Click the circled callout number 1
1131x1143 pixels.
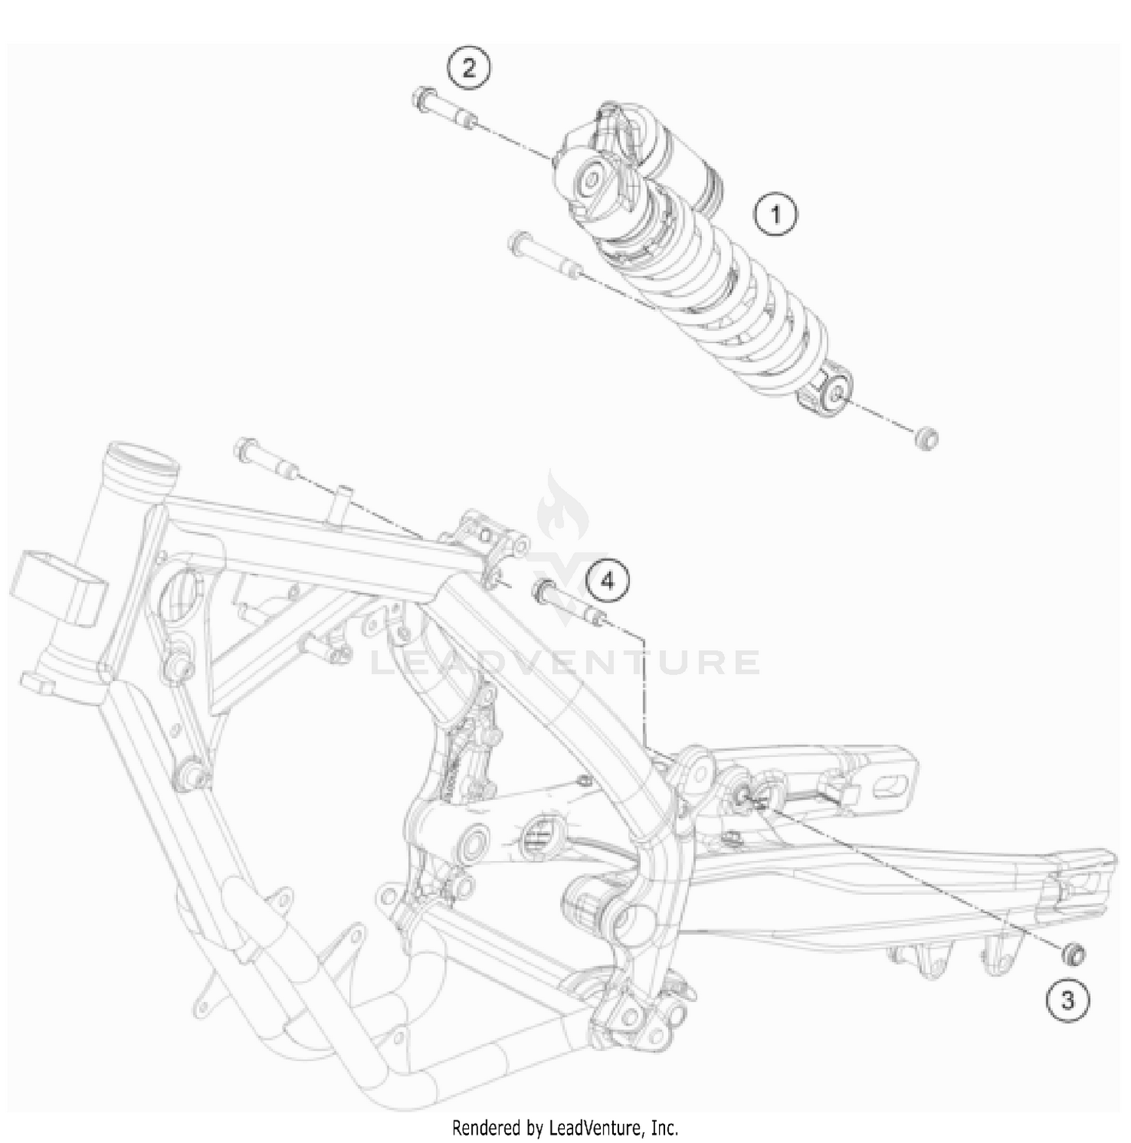point(776,215)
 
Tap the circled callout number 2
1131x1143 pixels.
point(468,69)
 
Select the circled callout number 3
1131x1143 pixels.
point(1067,1001)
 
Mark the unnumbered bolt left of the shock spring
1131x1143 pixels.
point(543,256)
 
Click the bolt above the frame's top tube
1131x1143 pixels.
point(267,458)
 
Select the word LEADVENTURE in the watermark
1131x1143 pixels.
point(565,663)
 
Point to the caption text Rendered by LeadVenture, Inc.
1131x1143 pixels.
point(565,1128)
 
